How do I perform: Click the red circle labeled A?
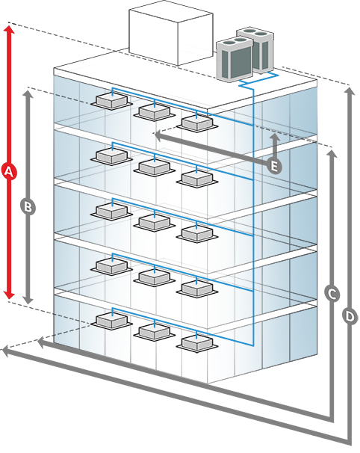pyautogui.click(x=9, y=172)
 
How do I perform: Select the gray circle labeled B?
pyautogui.click(x=28, y=207)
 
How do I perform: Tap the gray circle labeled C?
pyautogui.click(x=332, y=295)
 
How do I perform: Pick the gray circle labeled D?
pyautogui.click(x=350, y=316)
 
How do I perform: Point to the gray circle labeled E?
pyautogui.click(x=274, y=166)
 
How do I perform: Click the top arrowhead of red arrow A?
pyautogui.click(x=9, y=29)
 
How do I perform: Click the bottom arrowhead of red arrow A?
pyautogui.click(x=9, y=295)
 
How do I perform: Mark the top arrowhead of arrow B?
pyautogui.click(x=28, y=94)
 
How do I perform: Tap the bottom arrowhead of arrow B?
pyautogui.click(x=28, y=300)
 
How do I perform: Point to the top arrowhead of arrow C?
pyautogui.click(x=332, y=154)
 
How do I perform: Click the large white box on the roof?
pyautogui.click(x=171, y=36)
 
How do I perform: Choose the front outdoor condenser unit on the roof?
pyautogui.click(x=235, y=59)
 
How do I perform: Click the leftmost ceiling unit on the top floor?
pyautogui.click(x=111, y=100)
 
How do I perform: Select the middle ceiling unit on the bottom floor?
pyautogui.click(x=154, y=332)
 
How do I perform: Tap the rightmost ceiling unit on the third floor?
pyautogui.click(x=197, y=233)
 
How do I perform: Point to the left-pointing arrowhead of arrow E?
pyautogui.click(x=158, y=135)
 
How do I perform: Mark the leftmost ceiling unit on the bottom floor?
pyautogui.click(x=111, y=321)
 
